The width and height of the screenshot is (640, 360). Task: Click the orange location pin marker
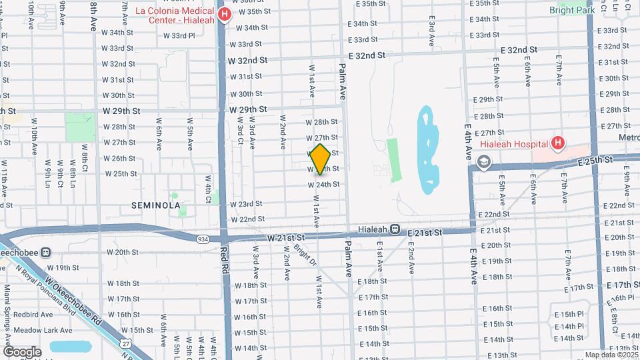tap(320, 159)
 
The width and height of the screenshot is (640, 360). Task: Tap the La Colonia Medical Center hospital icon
tap(225, 15)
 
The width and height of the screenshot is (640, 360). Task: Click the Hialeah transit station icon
tap(395, 229)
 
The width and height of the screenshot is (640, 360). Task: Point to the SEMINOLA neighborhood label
tap(156, 205)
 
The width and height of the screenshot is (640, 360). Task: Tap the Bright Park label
tap(571, 10)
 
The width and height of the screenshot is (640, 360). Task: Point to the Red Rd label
tap(225, 259)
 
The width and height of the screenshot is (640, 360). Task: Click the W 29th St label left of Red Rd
tap(121, 111)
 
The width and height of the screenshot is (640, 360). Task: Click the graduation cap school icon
tap(483, 161)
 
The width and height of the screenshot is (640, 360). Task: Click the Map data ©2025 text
tap(611, 355)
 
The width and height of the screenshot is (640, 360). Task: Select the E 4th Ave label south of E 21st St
tap(473, 267)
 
